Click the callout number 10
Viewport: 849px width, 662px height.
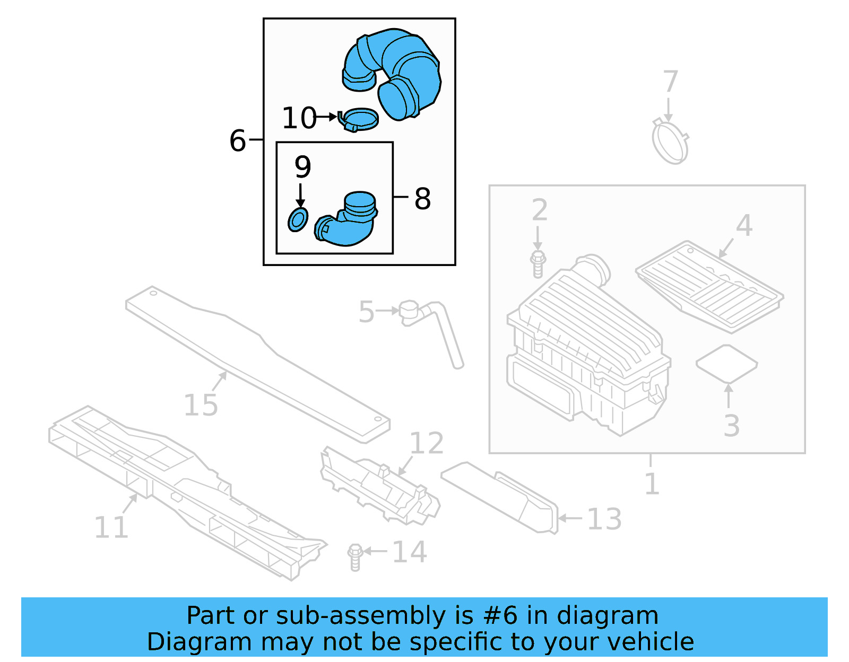point(299,118)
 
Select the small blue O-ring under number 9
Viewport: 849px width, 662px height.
point(298,219)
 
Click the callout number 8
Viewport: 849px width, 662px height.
point(422,199)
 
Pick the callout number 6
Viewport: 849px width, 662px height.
point(238,141)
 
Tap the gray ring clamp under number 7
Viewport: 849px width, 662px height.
point(670,142)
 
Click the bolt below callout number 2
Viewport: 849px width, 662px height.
point(538,264)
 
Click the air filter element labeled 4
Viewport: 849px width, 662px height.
point(709,287)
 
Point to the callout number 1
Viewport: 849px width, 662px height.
point(652,483)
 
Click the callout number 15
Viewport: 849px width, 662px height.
point(201,405)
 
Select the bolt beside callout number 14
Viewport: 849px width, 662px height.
point(355,557)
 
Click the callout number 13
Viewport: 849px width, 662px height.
point(604,519)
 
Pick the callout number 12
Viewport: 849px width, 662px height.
point(427,443)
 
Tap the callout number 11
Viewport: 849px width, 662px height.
point(111,527)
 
